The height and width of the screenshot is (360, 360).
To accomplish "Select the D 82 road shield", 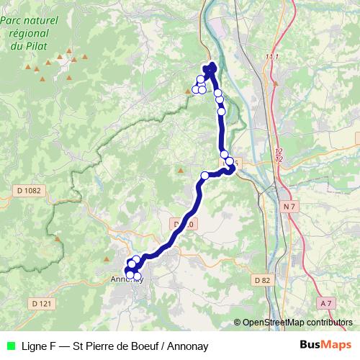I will point(262,279).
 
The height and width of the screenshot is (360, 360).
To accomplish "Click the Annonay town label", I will point(127,280).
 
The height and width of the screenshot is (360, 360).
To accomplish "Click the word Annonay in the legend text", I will point(186,346).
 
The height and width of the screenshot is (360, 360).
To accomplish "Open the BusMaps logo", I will point(325,345).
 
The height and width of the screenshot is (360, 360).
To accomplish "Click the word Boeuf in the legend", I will point(144,346).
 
